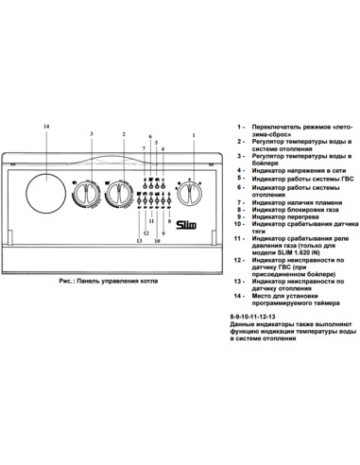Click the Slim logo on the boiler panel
point(162,222)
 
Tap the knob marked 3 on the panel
point(85,197)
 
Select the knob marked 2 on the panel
point(117,197)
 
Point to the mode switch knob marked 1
point(192,196)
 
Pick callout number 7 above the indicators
point(145,149)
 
